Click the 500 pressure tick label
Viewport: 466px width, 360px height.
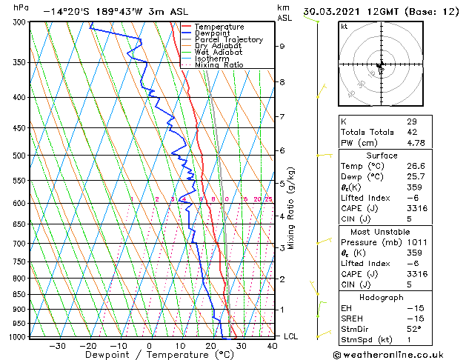(x=19, y=156)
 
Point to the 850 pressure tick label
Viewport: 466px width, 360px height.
(x=19, y=295)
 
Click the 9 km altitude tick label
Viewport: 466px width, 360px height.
(x=282, y=46)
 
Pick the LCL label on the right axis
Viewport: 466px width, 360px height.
(x=292, y=336)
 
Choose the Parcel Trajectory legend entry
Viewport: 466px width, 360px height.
(x=228, y=40)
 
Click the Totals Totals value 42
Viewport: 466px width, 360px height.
(x=412, y=133)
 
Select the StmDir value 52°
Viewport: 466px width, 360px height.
(x=413, y=329)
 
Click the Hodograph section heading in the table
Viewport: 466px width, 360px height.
(x=381, y=297)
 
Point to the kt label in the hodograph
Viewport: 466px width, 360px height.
(x=344, y=26)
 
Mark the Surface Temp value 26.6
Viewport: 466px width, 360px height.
(x=416, y=167)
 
